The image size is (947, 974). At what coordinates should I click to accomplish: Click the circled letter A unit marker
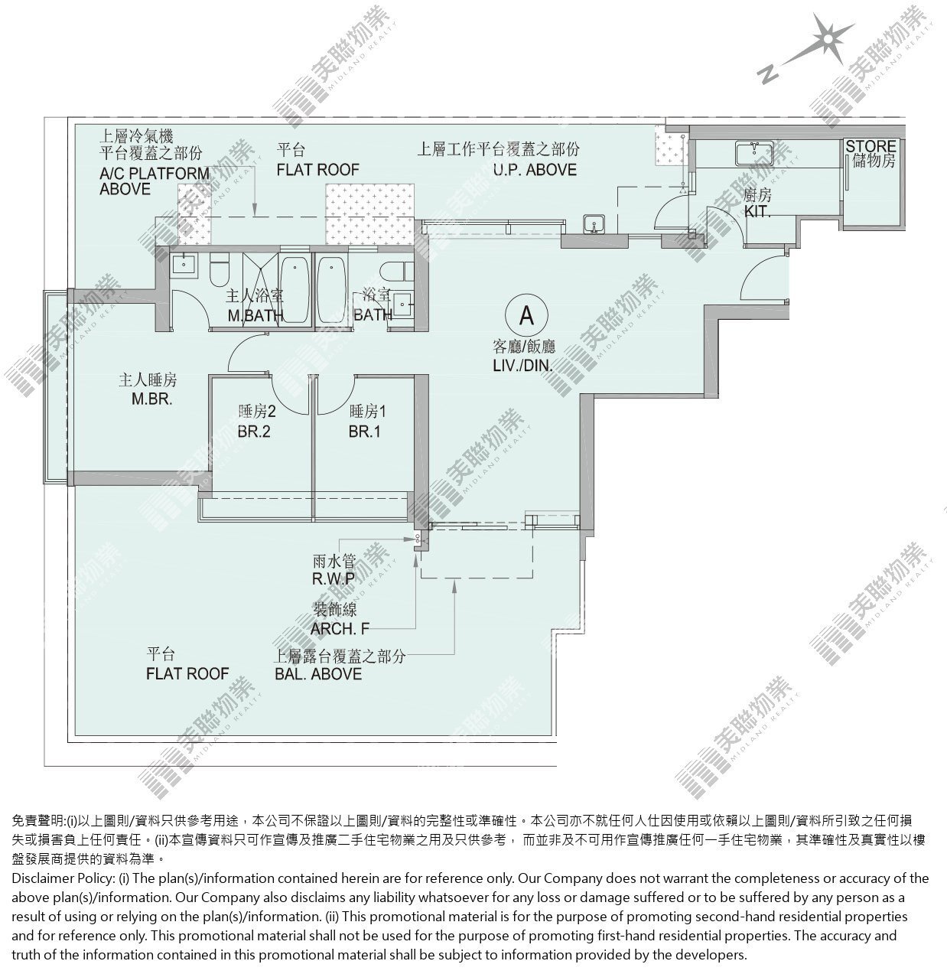click(526, 315)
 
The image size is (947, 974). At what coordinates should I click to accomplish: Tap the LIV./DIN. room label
click(523, 366)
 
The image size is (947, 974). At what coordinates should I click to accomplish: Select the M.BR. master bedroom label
click(151, 399)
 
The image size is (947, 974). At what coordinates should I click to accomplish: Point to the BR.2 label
click(254, 432)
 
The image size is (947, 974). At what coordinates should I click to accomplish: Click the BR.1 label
click(364, 432)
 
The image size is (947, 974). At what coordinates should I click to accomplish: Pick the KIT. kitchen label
click(757, 212)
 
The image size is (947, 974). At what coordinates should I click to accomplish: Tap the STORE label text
click(871, 146)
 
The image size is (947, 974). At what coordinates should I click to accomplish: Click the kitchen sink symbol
click(753, 153)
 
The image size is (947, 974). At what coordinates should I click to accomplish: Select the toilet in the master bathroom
click(219, 269)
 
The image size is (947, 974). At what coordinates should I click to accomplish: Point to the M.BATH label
click(255, 316)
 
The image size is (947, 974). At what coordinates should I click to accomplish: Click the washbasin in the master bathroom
click(184, 263)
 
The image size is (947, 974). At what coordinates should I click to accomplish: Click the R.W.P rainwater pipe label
click(334, 579)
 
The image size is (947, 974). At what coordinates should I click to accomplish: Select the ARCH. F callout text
click(340, 629)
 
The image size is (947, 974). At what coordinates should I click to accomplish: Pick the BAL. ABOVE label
click(318, 674)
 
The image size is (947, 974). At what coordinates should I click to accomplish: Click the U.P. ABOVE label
click(535, 170)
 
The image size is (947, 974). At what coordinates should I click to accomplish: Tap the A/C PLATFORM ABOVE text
click(155, 181)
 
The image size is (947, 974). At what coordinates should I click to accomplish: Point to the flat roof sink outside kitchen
click(594, 223)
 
